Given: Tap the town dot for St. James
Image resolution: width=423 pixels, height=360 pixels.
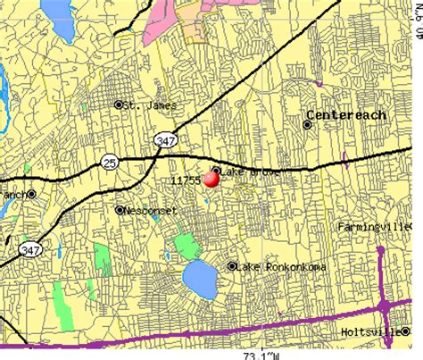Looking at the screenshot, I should click(x=119, y=105).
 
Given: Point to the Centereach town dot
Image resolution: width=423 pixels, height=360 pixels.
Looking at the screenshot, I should click(x=308, y=125).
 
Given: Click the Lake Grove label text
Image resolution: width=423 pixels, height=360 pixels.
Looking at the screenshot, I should click(x=250, y=171).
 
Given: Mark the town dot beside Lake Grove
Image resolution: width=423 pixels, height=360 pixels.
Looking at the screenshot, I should click(x=216, y=170).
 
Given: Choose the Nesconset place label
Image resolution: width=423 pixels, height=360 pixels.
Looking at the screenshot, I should click(x=152, y=211).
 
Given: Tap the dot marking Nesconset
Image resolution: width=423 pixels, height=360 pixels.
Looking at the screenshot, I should click(x=120, y=210).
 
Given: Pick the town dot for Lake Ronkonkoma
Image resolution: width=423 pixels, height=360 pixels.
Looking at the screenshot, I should click(x=232, y=266).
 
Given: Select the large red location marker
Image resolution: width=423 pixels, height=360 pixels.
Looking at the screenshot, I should click(x=211, y=180).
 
